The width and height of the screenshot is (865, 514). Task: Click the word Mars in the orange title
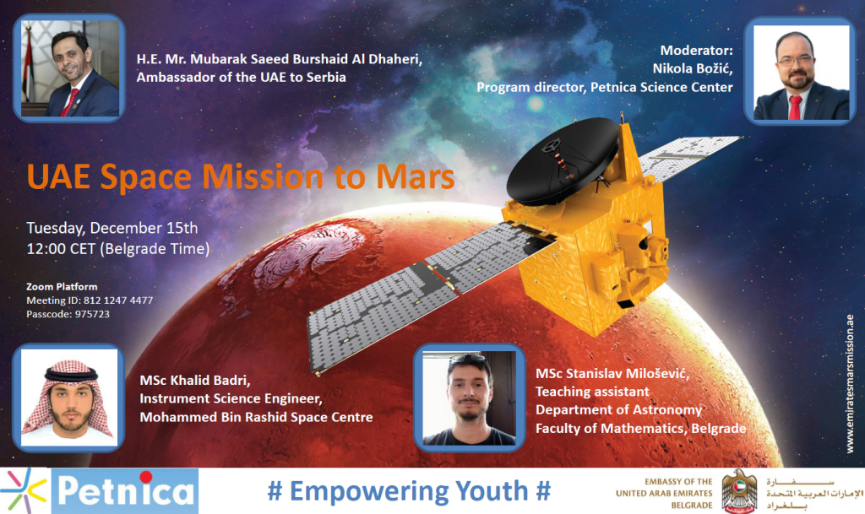click(416, 177)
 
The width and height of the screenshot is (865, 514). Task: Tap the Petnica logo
click(100, 491)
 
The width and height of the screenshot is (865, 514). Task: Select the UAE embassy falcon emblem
click(739, 491)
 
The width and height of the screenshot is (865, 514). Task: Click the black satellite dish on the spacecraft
click(562, 160)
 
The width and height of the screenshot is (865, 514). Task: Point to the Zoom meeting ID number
click(118, 300)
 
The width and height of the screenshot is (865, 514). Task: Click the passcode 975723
click(92, 314)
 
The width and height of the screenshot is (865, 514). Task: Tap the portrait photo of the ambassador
click(69, 68)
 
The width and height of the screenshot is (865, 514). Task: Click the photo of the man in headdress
click(69, 398)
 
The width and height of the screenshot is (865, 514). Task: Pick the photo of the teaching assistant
click(470, 398)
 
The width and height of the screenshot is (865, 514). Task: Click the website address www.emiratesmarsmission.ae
click(850, 384)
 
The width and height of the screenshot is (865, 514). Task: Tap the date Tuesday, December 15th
click(112, 228)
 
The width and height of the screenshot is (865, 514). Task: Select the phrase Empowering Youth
click(409, 491)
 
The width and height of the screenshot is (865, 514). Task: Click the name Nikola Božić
click(693, 68)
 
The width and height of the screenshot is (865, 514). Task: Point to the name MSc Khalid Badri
click(195, 380)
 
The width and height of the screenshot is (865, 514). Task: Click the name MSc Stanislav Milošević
click(612, 374)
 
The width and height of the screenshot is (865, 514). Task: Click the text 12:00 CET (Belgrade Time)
click(118, 249)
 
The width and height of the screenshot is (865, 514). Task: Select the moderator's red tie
click(794, 107)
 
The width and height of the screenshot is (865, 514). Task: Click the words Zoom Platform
click(62, 286)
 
